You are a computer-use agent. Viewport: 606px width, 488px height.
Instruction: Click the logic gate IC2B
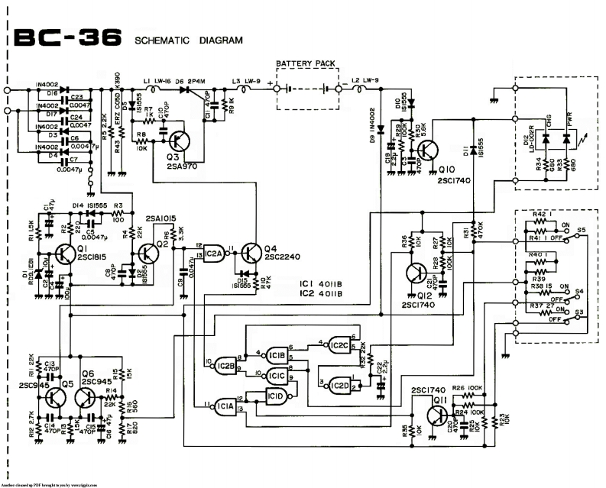point(225,365)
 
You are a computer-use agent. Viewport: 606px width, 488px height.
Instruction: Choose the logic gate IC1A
point(225,406)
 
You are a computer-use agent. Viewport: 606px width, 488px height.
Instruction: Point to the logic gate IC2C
point(339,346)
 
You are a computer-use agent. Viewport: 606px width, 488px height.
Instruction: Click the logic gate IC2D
point(339,386)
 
